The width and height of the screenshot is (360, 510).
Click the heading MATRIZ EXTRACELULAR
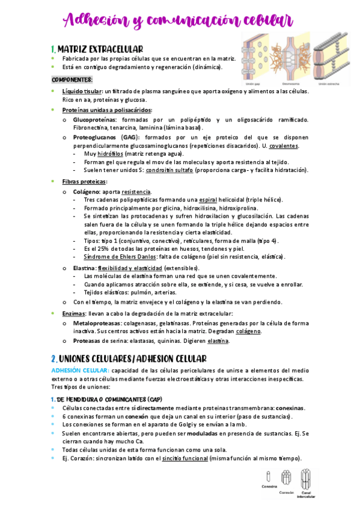(100, 49)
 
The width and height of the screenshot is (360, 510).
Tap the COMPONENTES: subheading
(72, 79)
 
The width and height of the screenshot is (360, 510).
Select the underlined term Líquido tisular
(82, 91)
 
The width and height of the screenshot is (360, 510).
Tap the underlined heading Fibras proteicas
(84, 182)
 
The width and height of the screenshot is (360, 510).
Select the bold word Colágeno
(87, 192)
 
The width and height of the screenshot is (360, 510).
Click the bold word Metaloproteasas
(95, 323)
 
